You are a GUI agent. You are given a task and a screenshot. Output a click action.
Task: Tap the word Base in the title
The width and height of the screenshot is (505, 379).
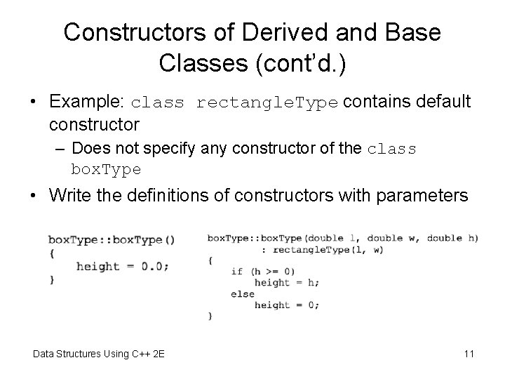[409, 32]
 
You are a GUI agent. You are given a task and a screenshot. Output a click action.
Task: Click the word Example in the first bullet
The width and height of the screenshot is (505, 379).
[86, 102]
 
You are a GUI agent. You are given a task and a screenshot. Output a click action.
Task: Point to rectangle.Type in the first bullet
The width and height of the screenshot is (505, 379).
[268, 102]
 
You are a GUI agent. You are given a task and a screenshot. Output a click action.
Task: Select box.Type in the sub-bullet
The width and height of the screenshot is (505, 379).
[106, 169]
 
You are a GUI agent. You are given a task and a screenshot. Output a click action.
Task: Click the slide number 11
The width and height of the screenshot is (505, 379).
[469, 353]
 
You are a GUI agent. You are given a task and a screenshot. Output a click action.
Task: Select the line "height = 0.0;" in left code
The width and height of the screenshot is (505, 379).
[122, 266]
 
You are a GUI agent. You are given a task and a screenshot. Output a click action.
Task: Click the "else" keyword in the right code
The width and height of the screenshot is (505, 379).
[243, 294]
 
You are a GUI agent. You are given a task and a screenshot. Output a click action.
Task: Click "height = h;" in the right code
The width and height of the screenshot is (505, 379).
[287, 282]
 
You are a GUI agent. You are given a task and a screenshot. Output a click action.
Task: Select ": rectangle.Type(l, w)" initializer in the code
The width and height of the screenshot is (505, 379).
[312, 249]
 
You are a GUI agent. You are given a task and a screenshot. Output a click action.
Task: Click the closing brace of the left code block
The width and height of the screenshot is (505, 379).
[52, 280]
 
